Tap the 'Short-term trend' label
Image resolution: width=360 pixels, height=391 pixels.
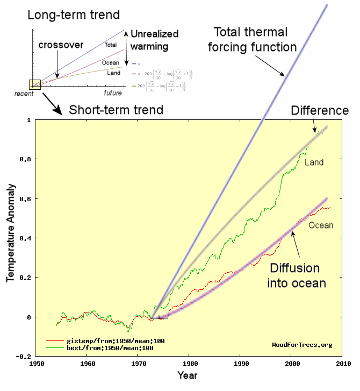click(x=116, y=110)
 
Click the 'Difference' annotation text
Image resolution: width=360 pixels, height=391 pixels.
click(x=320, y=111)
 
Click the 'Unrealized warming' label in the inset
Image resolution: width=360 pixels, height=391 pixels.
click(x=154, y=40)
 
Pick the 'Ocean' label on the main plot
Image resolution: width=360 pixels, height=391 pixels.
click(x=321, y=225)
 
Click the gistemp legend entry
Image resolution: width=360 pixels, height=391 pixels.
click(x=102, y=341)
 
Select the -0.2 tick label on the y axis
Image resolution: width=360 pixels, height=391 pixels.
click(x=22, y=357)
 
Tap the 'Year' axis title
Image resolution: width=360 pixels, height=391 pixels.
click(x=188, y=375)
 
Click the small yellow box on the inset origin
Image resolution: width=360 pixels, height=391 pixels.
click(x=35, y=84)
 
